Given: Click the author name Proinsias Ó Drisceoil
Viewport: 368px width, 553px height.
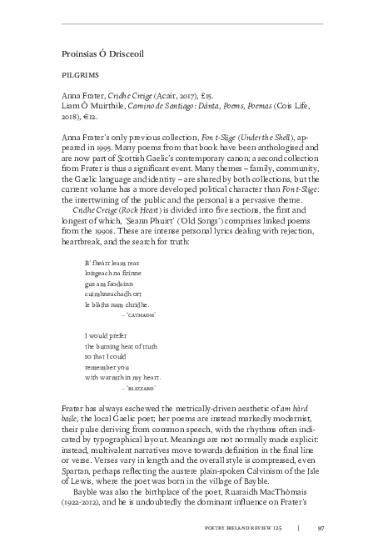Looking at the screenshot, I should click(103, 52).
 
